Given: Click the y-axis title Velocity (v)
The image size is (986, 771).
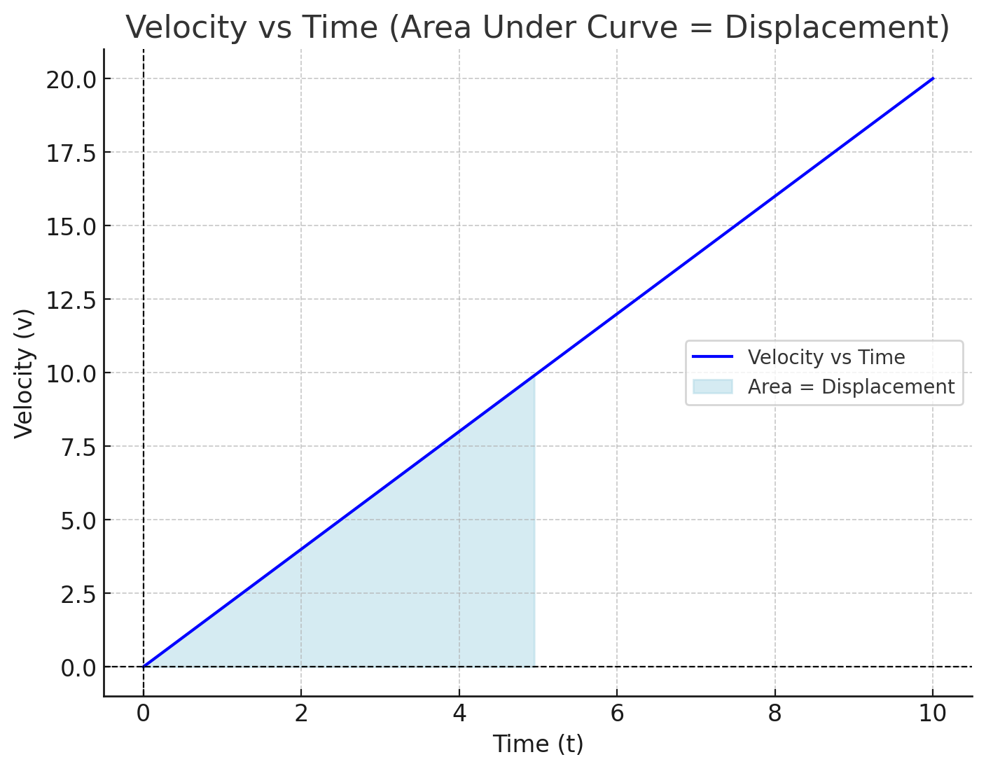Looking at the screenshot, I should (x=25, y=373).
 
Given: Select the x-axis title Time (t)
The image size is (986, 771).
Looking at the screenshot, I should (x=538, y=744).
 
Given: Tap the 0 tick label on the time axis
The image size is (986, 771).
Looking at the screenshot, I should (x=144, y=714).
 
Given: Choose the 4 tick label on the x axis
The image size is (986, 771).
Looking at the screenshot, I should (x=459, y=714).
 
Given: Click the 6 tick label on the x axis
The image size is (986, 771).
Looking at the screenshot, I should (x=616, y=714).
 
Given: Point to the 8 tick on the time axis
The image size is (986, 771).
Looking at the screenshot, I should (x=775, y=714).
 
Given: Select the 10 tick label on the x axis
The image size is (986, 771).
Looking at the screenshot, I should (x=933, y=714).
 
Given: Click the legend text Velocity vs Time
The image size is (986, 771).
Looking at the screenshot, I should (x=826, y=357).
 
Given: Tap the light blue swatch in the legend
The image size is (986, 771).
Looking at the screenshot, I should (x=712, y=387).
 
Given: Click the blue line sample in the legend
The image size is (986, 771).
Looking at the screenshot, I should (x=712, y=357).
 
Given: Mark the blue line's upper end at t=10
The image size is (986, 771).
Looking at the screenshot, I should (x=933, y=78).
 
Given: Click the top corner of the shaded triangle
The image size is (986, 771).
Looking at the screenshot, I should (x=534, y=375).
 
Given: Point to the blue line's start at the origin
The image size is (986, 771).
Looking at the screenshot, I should (x=144, y=667).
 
